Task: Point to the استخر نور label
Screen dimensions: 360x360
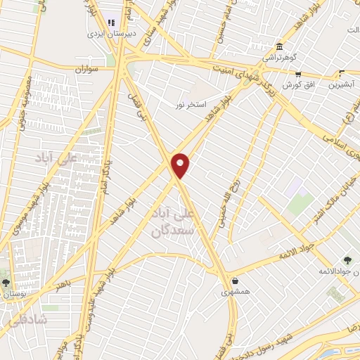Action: [x=191, y=105]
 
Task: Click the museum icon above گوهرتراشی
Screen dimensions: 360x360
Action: [x=280, y=45]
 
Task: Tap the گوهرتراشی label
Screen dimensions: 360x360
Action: [x=278, y=58]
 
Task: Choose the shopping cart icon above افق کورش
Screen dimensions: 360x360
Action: [x=298, y=73]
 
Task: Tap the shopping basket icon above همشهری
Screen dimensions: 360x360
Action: [x=234, y=281]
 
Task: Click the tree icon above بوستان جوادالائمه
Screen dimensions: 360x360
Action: [x=348, y=260]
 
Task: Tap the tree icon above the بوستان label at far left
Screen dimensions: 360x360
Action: [x=6, y=282]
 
